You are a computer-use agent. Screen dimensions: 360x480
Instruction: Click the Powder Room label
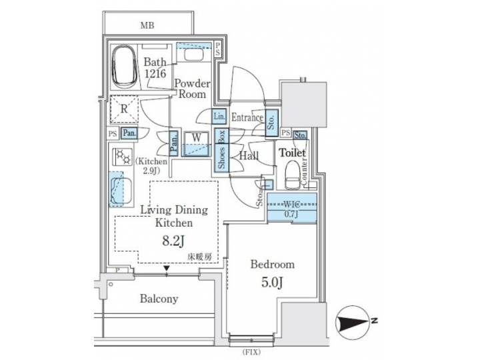[x=192, y=89]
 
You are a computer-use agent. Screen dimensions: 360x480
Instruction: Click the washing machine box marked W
[x=196, y=141]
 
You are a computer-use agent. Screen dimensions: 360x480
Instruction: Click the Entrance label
[x=247, y=118]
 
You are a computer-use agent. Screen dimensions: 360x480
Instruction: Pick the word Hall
[x=250, y=157]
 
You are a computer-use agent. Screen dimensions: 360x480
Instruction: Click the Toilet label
[x=291, y=153]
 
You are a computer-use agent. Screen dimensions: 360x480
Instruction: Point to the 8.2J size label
[x=174, y=241]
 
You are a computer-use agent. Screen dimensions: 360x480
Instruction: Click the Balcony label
[x=159, y=299]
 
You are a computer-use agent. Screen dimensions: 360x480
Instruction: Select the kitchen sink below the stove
[x=117, y=191]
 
